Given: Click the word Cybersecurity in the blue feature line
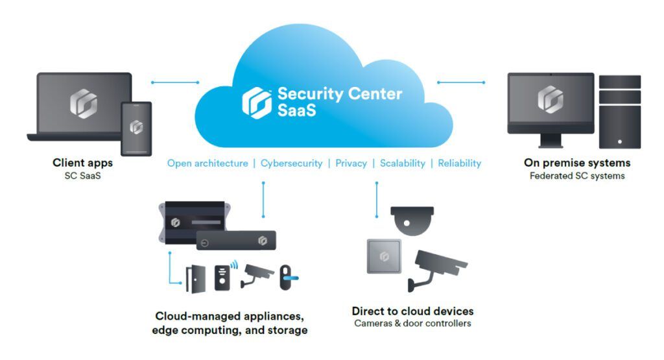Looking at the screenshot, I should coord(291,163).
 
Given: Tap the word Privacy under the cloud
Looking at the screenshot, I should coord(351,163).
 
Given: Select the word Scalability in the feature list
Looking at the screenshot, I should coord(402,163).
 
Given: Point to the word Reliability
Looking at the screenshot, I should coord(460,163).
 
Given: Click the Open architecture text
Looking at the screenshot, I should coord(207,163).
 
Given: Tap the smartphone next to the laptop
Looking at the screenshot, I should coord(136,128).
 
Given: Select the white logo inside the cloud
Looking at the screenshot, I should coord(257,102).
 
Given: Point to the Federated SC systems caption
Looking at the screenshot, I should coord(577,176).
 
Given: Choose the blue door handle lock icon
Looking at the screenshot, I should coord(287,278).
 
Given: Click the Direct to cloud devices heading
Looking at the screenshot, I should coord(412,311).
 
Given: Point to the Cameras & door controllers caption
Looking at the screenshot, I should coord(412,323).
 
